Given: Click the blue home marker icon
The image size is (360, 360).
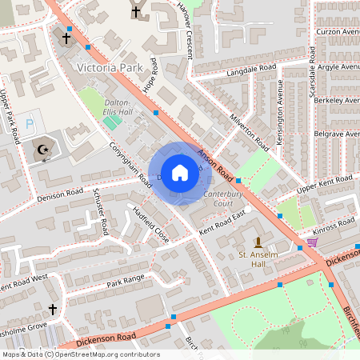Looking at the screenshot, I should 180,172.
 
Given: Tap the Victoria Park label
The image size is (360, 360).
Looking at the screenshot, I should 109,68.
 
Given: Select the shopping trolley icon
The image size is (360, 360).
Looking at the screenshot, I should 312,242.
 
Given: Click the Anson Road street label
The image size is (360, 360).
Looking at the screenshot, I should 214,164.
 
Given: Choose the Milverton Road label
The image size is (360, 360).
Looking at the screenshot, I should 249,130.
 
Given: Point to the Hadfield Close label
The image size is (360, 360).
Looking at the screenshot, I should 150,225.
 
